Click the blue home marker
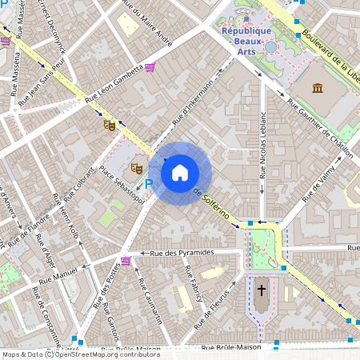click(180, 171)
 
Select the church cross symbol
click(261, 289)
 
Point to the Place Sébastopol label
click(122, 185)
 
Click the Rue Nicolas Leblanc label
click(263, 144)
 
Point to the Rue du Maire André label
click(146, 25)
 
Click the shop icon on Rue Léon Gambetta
click(150, 68)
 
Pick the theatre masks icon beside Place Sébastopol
click(136, 169)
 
